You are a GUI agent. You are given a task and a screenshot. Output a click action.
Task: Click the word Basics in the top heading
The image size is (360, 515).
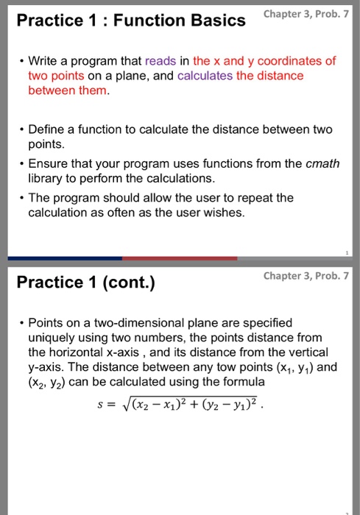point(213,21)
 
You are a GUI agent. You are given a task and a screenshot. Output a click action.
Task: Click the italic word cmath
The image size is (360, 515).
point(323,164)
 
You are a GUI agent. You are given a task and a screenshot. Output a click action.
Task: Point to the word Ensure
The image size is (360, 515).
point(48,164)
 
